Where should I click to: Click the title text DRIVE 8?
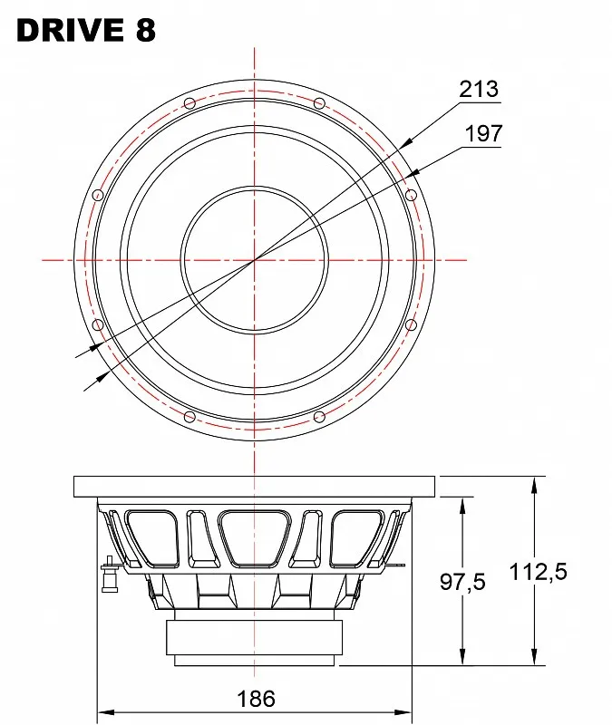(x=86, y=31)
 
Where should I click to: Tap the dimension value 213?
(x=479, y=89)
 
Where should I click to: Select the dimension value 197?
(x=483, y=133)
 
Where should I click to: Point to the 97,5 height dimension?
(x=462, y=582)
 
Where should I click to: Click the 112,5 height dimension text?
(x=538, y=572)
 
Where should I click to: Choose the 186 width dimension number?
(x=256, y=699)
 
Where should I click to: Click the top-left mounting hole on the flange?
(x=189, y=103)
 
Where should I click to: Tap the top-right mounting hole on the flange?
(x=319, y=103)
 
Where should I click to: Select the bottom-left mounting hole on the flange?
(x=189, y=417)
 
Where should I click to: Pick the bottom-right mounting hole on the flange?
(x=319, y=417)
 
